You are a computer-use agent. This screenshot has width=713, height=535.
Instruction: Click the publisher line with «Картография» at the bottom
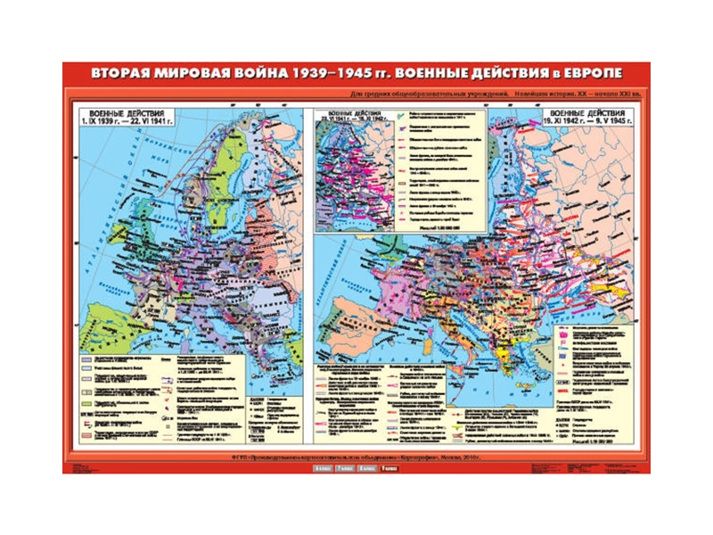[356, 457]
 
